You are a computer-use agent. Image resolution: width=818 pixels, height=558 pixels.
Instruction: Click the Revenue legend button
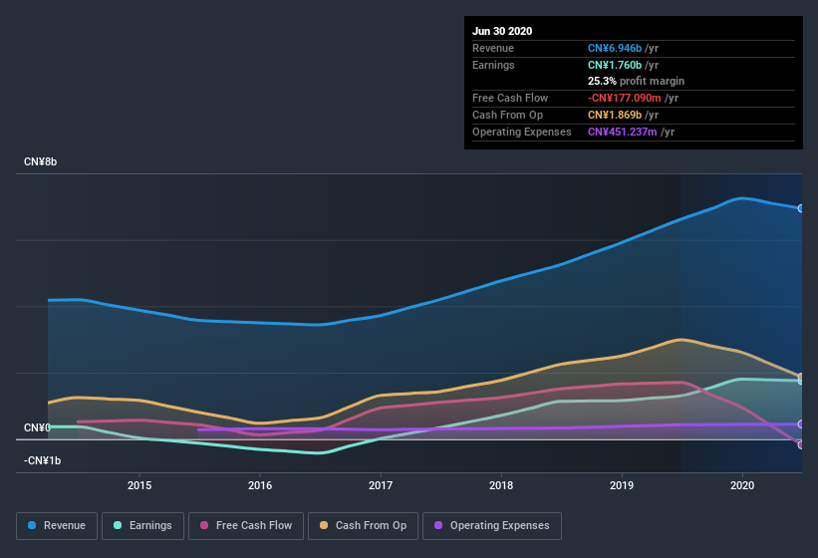click(x=57, y=525)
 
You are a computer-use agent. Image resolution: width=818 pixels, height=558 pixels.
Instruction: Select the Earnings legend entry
click(x=141, y=525)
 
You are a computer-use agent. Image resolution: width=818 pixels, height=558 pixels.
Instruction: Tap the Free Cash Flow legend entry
click(x=245, y=525)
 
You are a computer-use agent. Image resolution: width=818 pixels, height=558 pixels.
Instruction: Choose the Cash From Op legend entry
click(x=364, y=525)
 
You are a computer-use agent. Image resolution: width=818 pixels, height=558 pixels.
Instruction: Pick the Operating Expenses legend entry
click(x=491, y=525)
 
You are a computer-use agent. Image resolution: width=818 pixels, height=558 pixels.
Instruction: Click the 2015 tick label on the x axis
click(x=139, y=485)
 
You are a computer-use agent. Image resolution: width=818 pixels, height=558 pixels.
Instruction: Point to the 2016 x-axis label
click(x=260, y=485)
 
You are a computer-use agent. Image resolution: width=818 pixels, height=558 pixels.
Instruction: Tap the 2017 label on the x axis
click(x=381, y=485)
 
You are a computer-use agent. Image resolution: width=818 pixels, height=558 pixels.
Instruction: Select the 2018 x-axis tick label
click(x=501, y=485)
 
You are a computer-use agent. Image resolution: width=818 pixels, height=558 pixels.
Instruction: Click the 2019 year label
click(x=622, y=485)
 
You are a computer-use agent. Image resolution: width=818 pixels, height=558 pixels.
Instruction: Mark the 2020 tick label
click(x=742, y=485)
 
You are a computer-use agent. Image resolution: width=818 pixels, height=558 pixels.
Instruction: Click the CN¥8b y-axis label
click(x=41, y=161)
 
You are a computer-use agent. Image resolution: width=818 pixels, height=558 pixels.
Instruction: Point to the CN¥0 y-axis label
click(x=37, y=427)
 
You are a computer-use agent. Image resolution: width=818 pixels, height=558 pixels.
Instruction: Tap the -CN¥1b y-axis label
click(x=43, y=460)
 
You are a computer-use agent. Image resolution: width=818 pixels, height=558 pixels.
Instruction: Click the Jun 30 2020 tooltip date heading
click(x=502, y=31)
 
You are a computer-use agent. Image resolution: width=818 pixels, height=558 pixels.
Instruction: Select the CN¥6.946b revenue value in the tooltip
click(x=614, y=48)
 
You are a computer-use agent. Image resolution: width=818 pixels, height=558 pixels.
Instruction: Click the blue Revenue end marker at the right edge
click(x=801, y=208)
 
